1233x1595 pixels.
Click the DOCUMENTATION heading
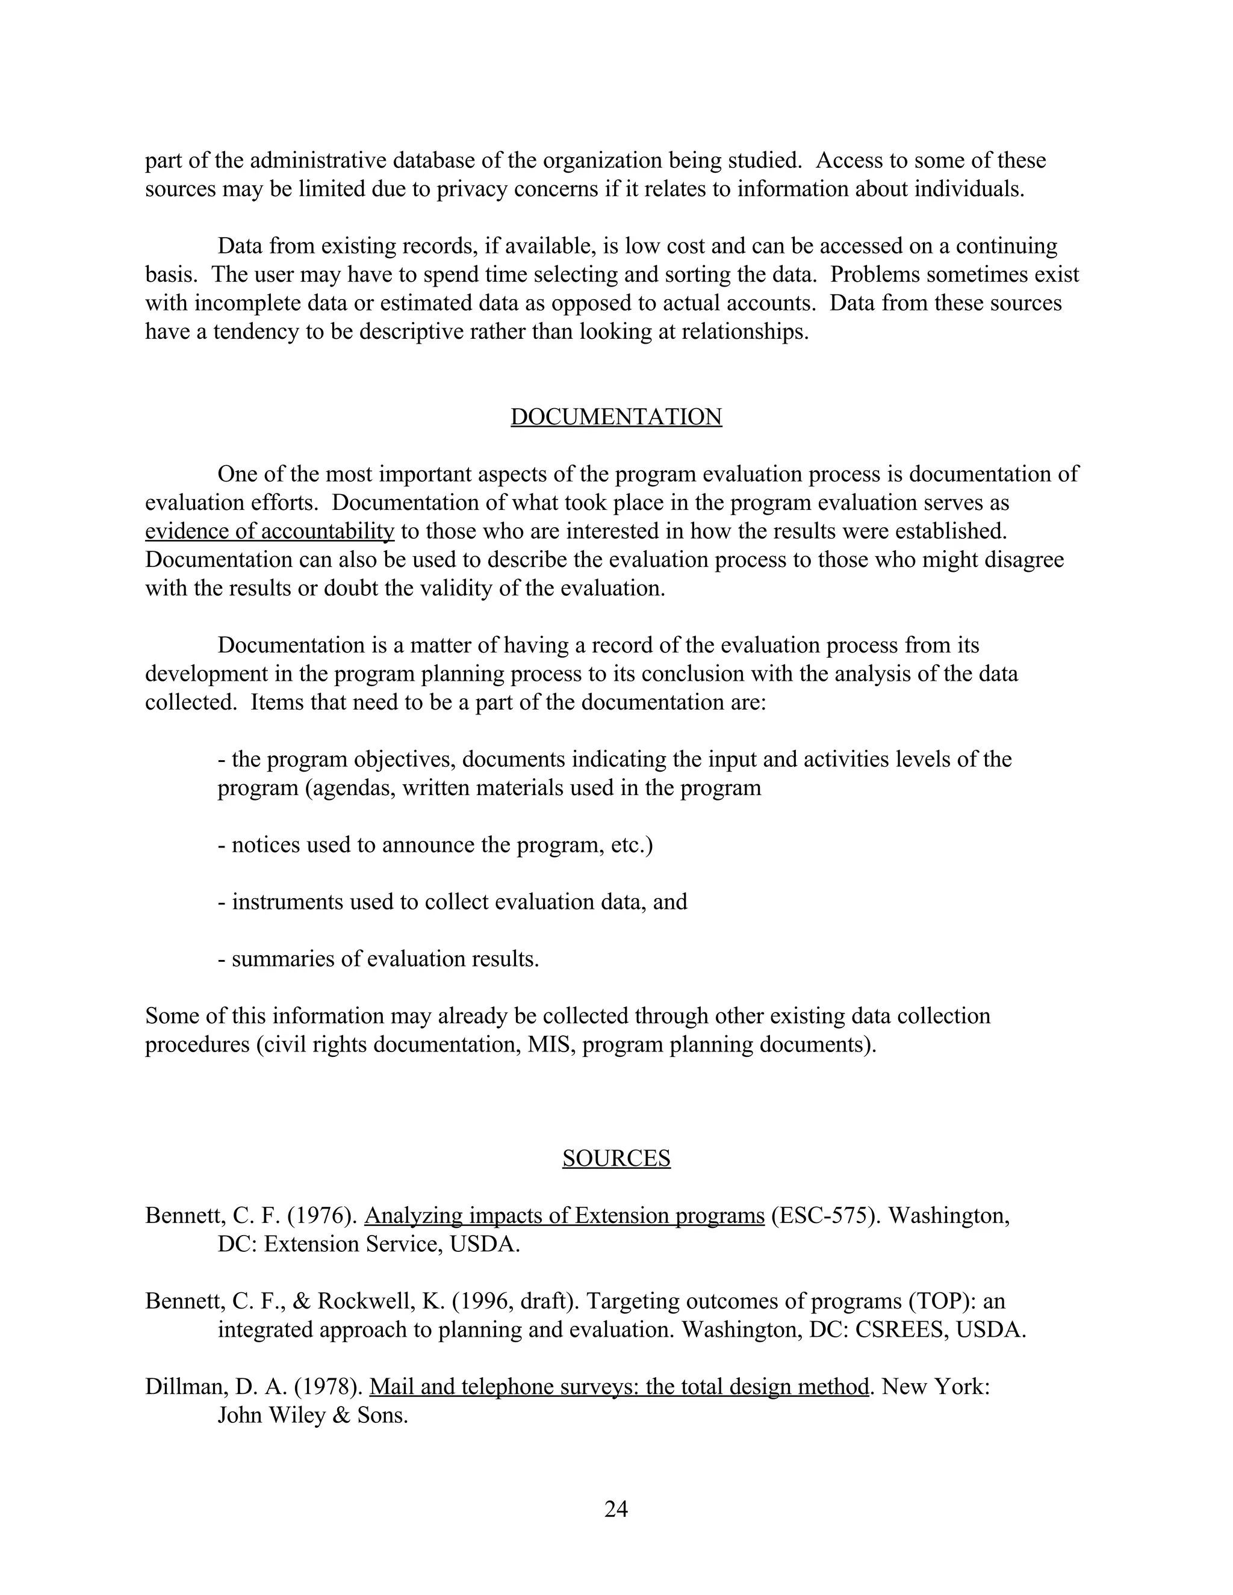[x=616, y=417]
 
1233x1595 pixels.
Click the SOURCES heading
[x=616, y=1158]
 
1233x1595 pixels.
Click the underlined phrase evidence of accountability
[x=270, y=531]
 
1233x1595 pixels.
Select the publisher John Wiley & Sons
[x=312, y=1416]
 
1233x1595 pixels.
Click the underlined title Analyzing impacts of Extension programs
[x=564, y=1216]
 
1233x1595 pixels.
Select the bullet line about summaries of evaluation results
[x=378, y=959]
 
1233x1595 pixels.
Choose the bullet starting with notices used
[x=435, y=845]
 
